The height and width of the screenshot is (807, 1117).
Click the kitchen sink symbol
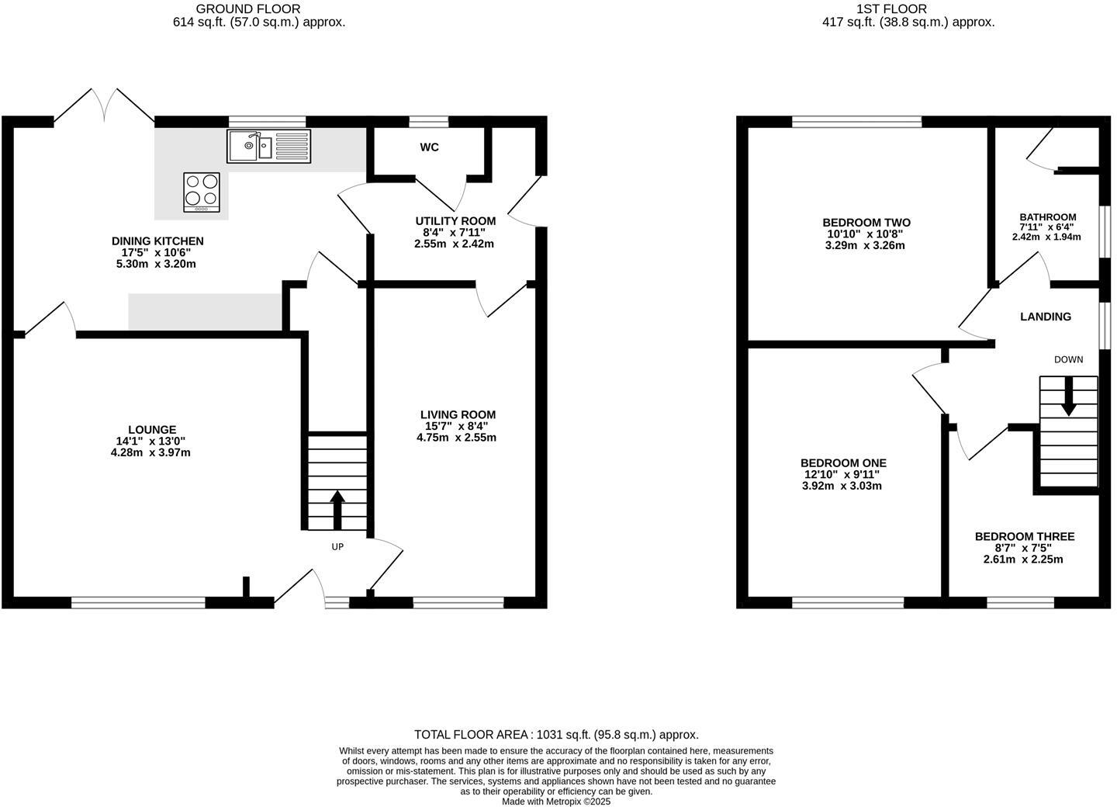tap(268, 146)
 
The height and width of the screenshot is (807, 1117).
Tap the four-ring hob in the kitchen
tap(202, 192)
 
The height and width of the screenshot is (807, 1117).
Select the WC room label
tap(429, 147)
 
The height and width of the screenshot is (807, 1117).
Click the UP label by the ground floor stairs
tap(337, 546)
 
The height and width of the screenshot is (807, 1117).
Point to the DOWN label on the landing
tap(1068, 359)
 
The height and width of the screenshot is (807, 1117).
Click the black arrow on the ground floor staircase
tap(337, 508)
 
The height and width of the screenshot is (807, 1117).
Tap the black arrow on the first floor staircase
tap(1068, 397)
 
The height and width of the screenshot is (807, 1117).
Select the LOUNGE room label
tap(152, 430)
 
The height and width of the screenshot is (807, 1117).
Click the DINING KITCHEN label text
tap(157, 241)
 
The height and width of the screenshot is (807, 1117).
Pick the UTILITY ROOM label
tap(455, 221)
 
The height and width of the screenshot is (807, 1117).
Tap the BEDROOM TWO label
tap(866, 223)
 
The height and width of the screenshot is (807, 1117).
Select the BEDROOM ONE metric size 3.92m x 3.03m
tap(842, 486)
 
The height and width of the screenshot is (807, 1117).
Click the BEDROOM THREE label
tap(1024, 536)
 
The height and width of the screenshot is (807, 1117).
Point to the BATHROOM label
tap(1047, 217)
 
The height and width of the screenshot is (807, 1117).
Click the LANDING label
tap(1045, 317)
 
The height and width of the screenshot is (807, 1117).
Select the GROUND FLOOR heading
tap(247, 9)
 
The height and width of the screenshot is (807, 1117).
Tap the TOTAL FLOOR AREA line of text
tap(556, 734)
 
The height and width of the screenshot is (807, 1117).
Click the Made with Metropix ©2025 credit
tap(556, 802)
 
